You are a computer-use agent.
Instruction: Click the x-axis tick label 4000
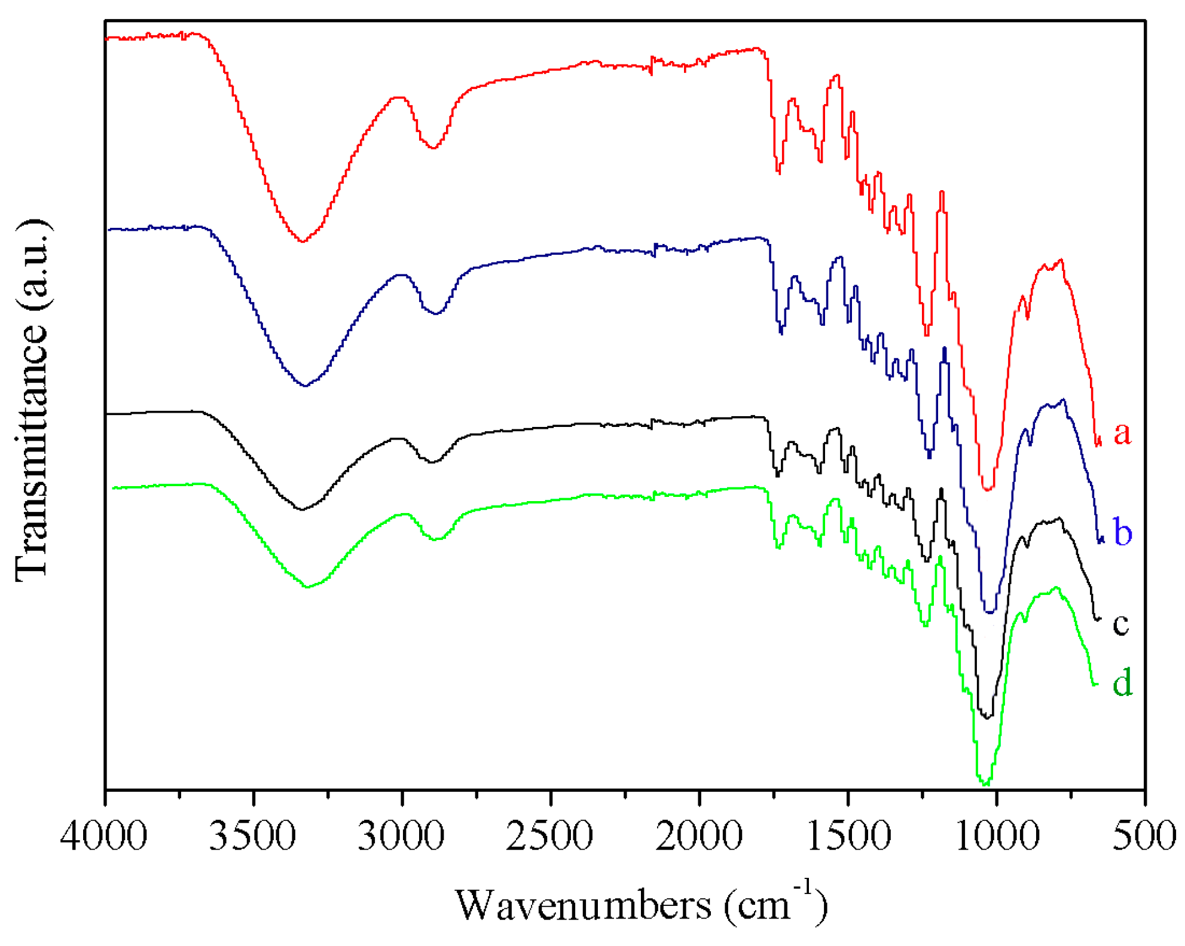104,835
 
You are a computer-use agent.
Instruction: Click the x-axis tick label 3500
252,835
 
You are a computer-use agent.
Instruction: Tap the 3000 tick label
401,835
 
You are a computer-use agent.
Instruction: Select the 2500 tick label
550,835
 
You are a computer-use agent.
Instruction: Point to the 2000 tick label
699,835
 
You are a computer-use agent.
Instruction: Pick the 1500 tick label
848,835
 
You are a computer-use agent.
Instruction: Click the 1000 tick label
997,835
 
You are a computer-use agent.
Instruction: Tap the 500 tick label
1143,835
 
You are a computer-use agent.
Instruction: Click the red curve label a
1122,432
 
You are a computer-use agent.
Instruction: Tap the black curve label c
1120,624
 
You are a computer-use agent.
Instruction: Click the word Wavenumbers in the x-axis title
583,905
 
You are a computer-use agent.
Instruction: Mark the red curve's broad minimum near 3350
303,242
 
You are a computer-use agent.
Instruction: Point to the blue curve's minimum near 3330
306,386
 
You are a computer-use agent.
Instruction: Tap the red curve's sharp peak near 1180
942,193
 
